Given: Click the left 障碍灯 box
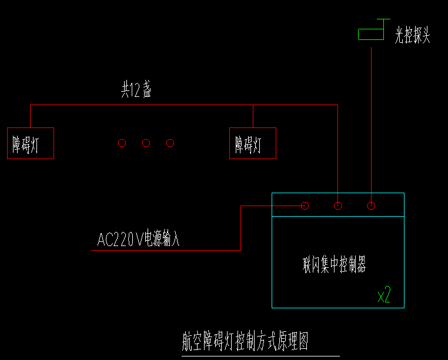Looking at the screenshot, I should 31,143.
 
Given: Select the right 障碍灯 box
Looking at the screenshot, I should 253,143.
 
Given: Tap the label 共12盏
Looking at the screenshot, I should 136,90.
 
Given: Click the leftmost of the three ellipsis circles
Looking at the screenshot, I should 122,143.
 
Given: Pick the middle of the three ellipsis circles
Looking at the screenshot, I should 146,143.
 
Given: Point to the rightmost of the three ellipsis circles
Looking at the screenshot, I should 170,143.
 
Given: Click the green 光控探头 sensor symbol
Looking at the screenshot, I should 373,33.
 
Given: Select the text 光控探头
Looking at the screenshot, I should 413,36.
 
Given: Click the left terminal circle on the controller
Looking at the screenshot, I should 305,206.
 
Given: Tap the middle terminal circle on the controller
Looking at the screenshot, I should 338,206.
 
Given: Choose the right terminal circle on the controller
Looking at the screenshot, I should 371,206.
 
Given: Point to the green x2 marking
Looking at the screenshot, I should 384,295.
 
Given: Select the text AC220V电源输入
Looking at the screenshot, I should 138,239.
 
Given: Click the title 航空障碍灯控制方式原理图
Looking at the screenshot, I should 245,341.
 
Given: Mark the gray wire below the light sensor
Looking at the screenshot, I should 371,117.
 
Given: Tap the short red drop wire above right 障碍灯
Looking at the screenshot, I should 253,116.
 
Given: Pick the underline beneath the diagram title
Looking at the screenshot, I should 260,356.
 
